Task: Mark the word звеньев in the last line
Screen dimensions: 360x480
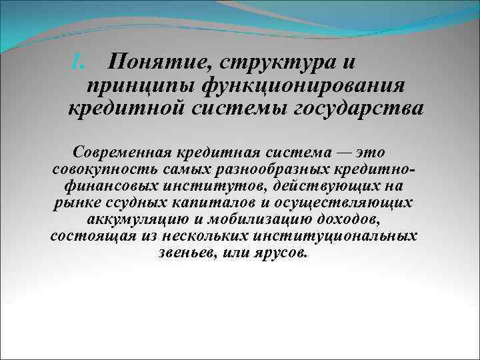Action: tap(185, 254)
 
